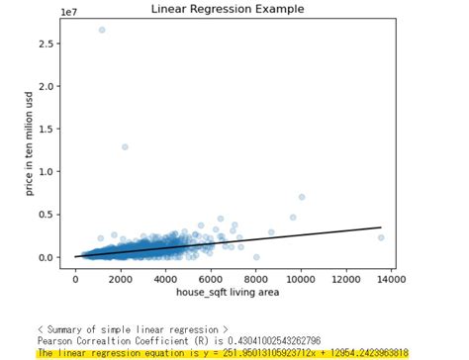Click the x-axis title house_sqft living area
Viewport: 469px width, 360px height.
228,294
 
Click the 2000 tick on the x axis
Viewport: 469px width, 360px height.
120,280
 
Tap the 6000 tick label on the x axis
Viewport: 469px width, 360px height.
211,280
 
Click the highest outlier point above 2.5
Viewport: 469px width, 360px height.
101,30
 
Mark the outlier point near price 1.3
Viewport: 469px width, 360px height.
125,146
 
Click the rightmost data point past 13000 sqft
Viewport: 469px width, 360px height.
381,237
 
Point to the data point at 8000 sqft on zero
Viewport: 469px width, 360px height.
256,256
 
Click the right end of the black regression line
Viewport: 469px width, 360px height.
381,227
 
